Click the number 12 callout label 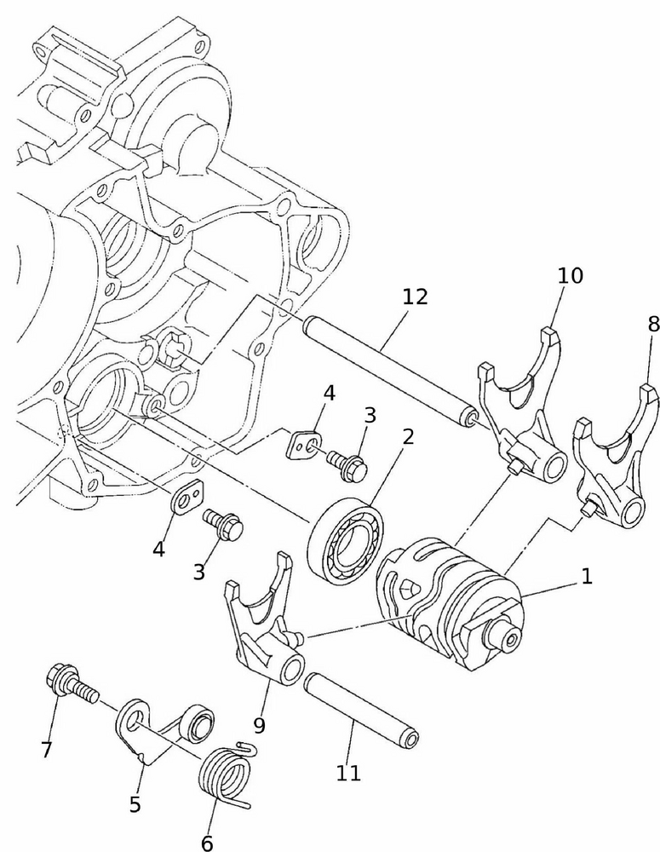coord(416,297)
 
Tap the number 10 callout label coord(571,275)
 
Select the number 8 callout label coord(653,325)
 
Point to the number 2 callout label coord(408,438)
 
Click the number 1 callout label coord(587,577)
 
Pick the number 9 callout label coord(259,726)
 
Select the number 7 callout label coord(46,750)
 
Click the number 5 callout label coord(135,804)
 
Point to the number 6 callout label coord(207,843)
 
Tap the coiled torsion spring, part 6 coord(227,775)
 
